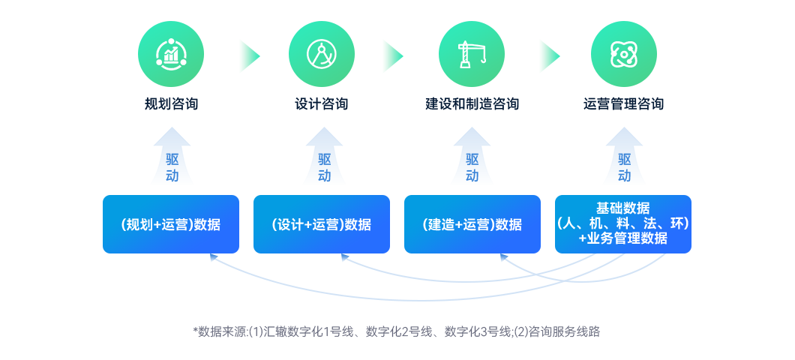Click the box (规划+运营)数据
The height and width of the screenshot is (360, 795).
tap(171, 224)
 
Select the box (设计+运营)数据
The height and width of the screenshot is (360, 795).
tap(322, 224)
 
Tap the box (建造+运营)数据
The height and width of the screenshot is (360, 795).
tap(472, 224)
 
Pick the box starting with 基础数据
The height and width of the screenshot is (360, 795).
tap(623, 223)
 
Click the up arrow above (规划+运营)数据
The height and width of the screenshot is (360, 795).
tap(172, 156)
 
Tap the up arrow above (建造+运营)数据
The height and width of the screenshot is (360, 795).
tap(472, 156)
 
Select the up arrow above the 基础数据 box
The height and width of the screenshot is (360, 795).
tap(624, 156)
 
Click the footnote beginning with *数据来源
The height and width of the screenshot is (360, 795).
tap(397, 331)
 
